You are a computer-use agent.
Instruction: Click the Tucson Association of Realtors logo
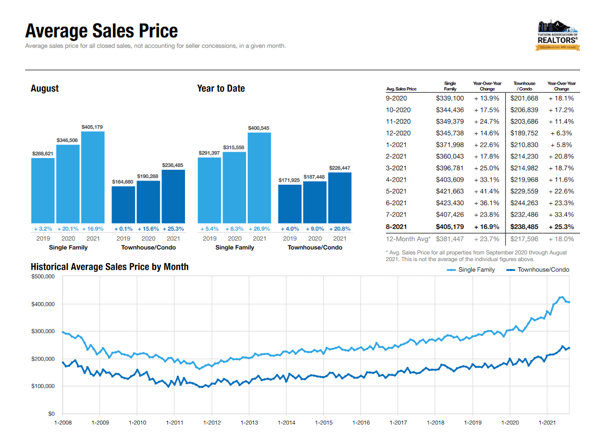[558, 35]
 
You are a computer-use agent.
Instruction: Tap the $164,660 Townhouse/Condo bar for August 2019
[123, 204]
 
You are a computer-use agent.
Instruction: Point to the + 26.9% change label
[259, 228]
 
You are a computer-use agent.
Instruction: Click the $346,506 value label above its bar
[68, 140]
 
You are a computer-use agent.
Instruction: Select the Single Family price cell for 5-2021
[450, 191]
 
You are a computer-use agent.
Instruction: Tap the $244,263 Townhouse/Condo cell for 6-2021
[524, 203]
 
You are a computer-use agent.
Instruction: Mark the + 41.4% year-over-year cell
[487, 191]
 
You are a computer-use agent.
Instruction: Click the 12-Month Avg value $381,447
[450, 239]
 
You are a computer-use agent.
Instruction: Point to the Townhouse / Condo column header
[524, 86]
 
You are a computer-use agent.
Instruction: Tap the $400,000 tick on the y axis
[44, 304]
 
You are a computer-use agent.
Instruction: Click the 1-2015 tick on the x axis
[323, 423]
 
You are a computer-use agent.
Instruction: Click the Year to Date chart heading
[221, 88]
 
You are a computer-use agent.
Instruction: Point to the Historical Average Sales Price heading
[109, 267]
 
